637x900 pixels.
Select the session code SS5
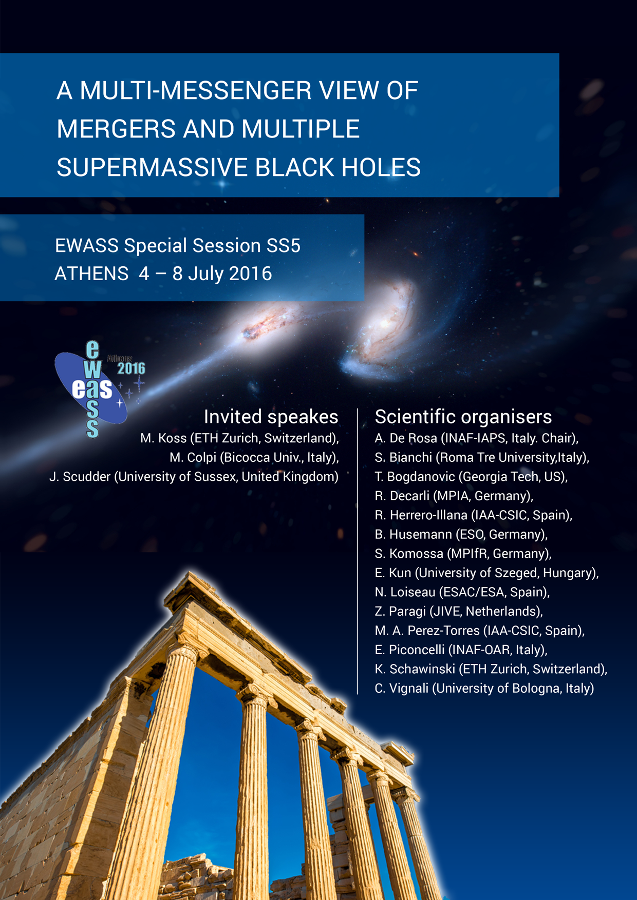(x=283, y=246)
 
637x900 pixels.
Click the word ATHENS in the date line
(x=91, y=273)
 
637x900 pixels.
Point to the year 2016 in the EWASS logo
(x=132, y=368)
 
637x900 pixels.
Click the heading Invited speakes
(x=271, y=417)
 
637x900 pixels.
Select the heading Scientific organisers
(x=463, y=417)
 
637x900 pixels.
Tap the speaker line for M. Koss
(x=239, y=438)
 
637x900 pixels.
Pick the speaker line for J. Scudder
(x=194, y=477)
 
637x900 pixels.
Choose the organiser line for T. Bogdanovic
(x=471, y=477)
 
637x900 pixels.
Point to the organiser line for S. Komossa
(x=463, y=554)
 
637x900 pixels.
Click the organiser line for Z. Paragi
(x=459, y=611)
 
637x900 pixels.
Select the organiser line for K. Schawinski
(x=491, y=669)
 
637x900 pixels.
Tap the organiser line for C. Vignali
(x=484, y=688)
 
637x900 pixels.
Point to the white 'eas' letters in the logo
(x=92, y=388)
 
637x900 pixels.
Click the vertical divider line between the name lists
(x=358, y=552)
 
